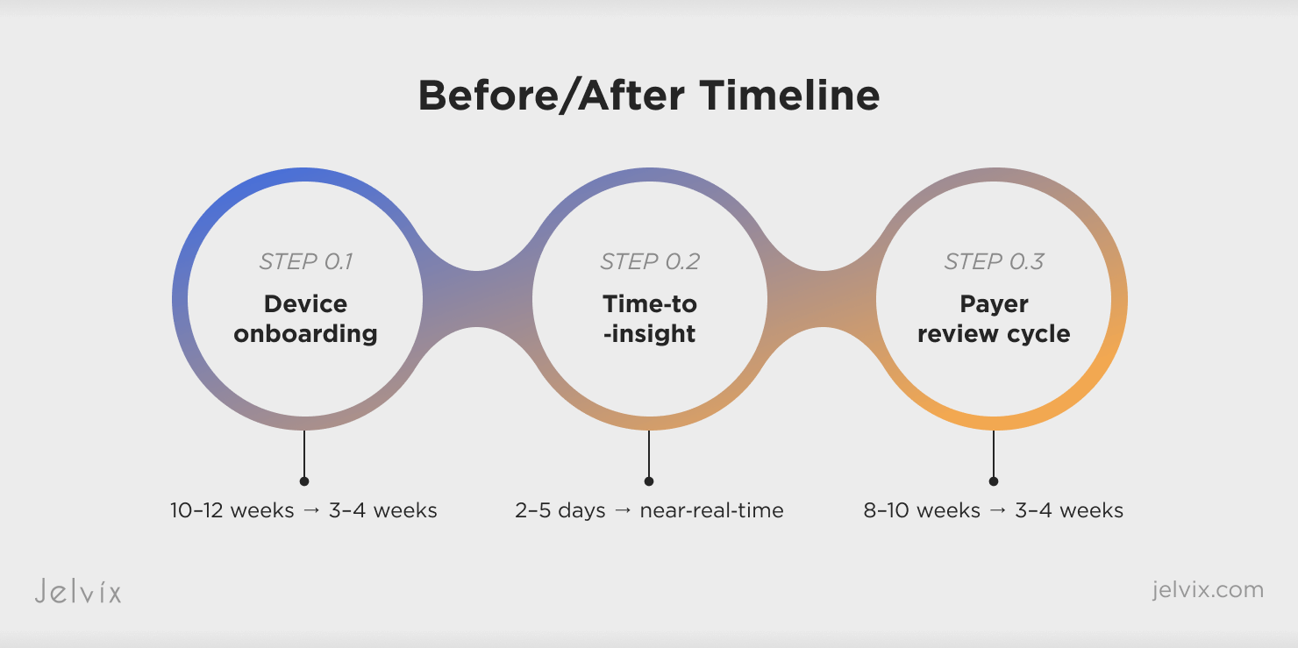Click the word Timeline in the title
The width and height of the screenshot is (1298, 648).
789,95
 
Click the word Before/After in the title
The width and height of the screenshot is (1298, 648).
551,96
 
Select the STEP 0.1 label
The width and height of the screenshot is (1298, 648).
305,262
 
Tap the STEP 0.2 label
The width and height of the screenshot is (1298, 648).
650,262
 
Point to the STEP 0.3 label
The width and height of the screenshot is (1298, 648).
994,262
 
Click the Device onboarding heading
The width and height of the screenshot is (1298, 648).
305,319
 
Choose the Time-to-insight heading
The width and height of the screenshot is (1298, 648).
650,319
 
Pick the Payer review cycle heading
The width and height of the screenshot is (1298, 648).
994,319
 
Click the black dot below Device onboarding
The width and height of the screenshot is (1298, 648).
304,481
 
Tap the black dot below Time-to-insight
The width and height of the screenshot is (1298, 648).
649,481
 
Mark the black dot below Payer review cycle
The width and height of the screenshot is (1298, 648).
994,481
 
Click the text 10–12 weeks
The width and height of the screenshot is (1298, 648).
232,510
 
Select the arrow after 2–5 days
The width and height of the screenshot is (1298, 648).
623,510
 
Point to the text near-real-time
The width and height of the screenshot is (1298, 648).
711,510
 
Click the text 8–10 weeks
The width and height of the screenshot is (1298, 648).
922,510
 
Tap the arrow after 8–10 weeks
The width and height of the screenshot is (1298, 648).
997,510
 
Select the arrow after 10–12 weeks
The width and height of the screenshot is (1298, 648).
311,510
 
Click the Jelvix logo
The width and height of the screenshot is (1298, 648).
78,591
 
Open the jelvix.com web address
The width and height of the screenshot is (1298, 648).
1208,590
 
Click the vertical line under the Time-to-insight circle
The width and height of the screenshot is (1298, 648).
649,454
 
